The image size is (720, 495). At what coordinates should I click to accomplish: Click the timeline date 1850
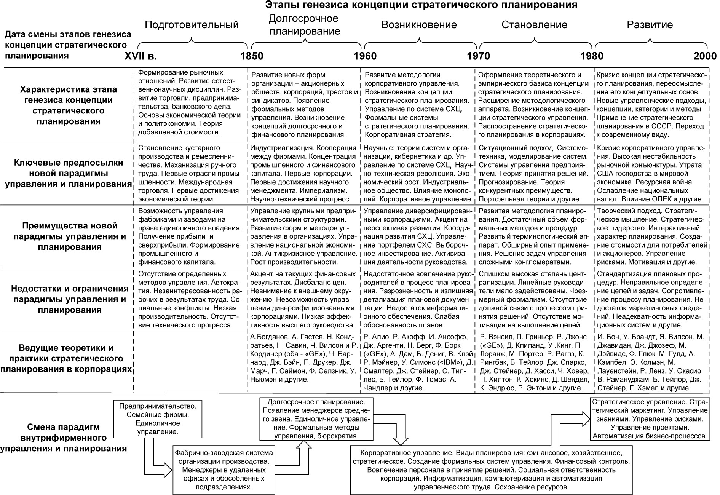(252, 56)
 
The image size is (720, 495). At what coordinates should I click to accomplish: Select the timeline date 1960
(365, 56)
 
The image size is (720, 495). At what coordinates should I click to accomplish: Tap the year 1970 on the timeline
(478, 56)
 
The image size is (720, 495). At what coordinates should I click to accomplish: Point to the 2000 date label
(705, 56)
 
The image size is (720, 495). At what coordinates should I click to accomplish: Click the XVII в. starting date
(141, 56)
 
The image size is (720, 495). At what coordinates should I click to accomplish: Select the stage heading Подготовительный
(192, 25)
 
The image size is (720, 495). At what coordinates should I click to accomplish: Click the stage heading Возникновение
(419, 25)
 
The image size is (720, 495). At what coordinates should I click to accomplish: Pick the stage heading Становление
(534, 25)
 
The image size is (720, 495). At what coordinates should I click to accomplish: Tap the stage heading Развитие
(650, 25)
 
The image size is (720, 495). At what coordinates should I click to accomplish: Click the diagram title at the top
(421, 5)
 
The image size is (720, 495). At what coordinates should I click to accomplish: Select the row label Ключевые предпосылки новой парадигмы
(68, 173)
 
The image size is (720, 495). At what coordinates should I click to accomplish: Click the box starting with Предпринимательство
(158, 418)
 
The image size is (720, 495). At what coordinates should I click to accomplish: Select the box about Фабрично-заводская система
(224, 470)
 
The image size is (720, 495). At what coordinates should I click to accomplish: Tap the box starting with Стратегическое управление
(650, 419)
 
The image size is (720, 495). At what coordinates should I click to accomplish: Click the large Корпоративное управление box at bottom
(491, 470)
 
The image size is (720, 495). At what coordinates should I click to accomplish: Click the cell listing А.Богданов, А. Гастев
(304, 358)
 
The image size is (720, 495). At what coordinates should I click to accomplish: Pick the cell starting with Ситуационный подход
(534, 173)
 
